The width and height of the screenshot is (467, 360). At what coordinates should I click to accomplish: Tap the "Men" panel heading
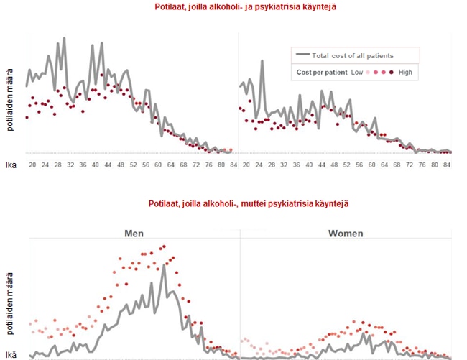click(x=134, y=234)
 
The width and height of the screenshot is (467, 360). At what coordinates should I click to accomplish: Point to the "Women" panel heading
click(x=346, y=234)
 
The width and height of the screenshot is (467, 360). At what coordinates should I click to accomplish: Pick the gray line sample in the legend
click(x=302, y=55)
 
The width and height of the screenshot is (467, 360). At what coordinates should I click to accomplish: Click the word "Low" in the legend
click(x=357, y=72)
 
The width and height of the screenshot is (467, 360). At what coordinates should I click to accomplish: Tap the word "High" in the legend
click(x=405, y=72)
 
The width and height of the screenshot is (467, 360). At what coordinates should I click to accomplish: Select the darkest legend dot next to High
click(x=392, y=72)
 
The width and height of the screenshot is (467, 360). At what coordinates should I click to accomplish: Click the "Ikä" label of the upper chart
click(x=11, y=165)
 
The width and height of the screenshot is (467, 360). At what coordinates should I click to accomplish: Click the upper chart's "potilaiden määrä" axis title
click(x=11, y=101)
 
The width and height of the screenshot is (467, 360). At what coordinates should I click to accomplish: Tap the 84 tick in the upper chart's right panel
click(x=446, y=165)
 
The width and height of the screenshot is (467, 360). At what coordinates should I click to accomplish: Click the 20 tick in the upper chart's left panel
click(x=32, y=165)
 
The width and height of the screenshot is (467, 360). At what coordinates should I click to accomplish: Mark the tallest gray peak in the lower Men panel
click(x=164, y=265)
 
